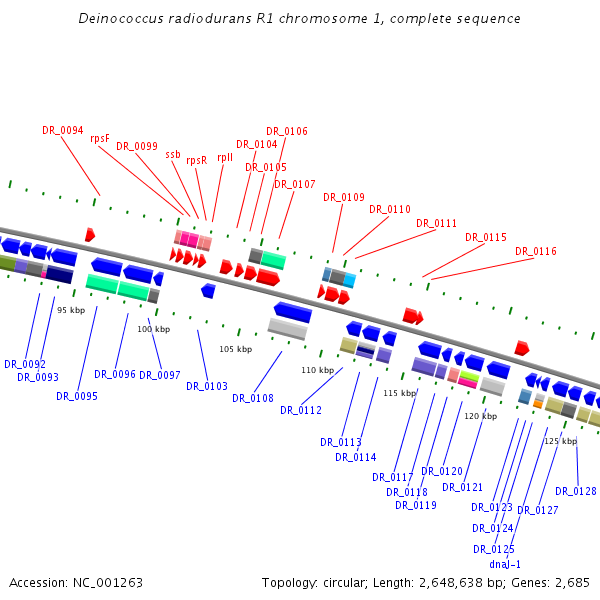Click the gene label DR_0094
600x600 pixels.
[x=63, y=130]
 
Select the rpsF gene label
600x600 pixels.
[x=100, y=138]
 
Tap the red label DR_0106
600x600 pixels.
[x=287, y=131]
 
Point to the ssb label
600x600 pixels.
[x=173, y=154]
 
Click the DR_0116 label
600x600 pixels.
[x=536, y=251]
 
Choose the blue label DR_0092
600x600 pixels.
[x=25, y=364]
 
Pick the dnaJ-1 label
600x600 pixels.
[x=505, y=564]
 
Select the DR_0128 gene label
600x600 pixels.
[x=576, y=491]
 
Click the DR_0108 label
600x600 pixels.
[x=253, y=398]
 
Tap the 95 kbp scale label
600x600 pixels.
[x=71, y=310]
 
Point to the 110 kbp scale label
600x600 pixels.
[x=317, y=370]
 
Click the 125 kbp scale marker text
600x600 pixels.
[x=560, y=441]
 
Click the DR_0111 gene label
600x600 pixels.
[x=437, y=223]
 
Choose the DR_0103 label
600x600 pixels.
[x=207, y=386]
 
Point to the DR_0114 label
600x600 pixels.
[x=356, y=457]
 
